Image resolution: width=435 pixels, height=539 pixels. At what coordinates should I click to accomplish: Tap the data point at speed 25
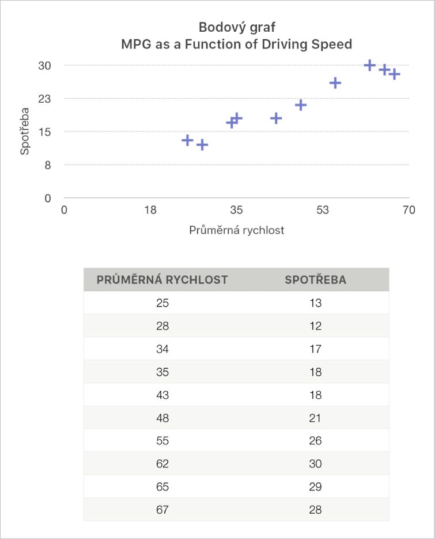(187, 140)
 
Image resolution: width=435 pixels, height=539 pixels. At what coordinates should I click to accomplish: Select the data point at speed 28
(202, 145)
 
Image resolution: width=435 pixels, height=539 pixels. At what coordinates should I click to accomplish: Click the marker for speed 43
(276, 118)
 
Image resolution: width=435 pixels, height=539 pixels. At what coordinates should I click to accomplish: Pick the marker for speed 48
(301, 105)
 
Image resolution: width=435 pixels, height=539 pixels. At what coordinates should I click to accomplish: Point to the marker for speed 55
(335, 83)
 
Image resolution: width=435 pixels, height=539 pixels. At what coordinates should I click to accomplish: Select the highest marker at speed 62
(370, 65)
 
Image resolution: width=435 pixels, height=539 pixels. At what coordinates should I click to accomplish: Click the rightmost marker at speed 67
(394, 74)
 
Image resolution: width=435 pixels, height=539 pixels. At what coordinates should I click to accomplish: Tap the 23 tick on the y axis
(45, 99)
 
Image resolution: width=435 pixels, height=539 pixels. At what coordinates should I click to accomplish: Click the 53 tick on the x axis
(322, 210)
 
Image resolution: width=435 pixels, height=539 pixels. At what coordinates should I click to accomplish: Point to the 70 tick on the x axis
(408, 210)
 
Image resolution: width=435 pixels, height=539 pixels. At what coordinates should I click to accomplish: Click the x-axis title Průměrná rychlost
(236, 230)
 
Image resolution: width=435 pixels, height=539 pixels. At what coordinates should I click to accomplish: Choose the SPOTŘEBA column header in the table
(316, 280)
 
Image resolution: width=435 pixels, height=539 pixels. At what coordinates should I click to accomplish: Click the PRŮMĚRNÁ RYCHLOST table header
(162, 280)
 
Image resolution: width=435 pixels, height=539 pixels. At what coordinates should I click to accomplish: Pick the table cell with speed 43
(162, 395)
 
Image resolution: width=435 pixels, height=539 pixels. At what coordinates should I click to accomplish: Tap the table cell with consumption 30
(315, 464)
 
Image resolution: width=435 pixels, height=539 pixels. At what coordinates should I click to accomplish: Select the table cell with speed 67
(162, 510)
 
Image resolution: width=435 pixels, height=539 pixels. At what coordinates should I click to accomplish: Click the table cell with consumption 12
(315, 326)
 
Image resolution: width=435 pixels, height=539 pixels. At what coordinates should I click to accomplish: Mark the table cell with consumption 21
(315, 418)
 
